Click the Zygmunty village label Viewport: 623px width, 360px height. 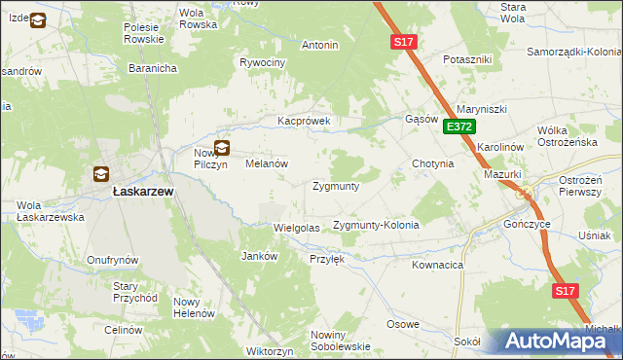pyautogui.click(x=336, y=186)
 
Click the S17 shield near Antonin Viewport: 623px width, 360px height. pyautogui.click(x=404, y=42)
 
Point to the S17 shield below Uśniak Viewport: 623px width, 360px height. pyautogui.click(x=566, y=291)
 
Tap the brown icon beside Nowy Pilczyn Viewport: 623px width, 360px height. pyautogui.click(x=222, y=149)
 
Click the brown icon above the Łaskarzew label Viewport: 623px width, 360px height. pyautogui.click(x=100, y=174)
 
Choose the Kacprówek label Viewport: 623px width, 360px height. pyautogui.click(x=305, y=122)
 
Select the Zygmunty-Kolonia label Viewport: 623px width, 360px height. pyautogui.click(x=376, y=225)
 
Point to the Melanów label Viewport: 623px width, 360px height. pyautogui.click(x=265, y=164)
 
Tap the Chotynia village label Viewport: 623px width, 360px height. pyautogui.click(x=433, y=163)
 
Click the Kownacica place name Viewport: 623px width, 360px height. pyautogui.click(x=437, y=265)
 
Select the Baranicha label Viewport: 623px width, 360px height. pyautogui.click(x=152, y=68)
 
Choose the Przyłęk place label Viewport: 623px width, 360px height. pyautogui.click(x=326, y=259)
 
